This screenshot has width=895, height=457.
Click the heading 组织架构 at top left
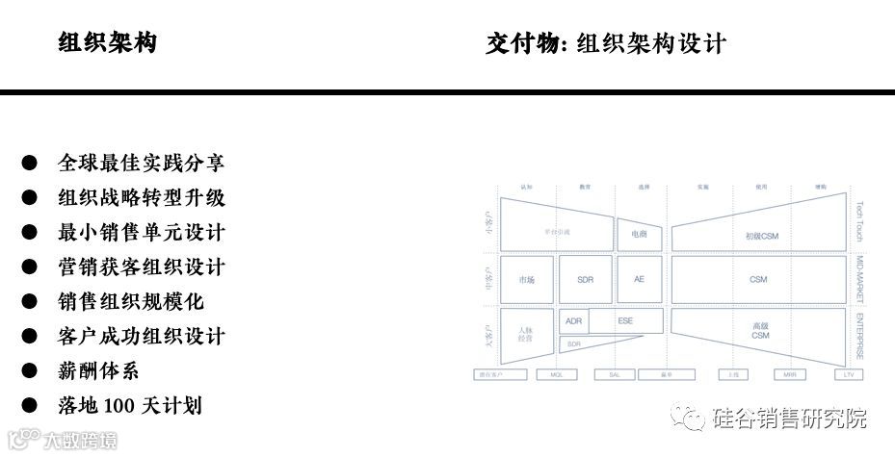pyautogui.click(x=107, y=43)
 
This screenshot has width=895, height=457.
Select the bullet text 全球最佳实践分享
pyautogui.click(x=142, y=164)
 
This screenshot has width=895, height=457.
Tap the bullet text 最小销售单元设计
pyautogui.click(x=142, y=233)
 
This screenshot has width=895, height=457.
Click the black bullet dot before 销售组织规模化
pyautogui.click(x=30, y=302)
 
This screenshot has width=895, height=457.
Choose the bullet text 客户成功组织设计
pyautogui.click(x=142, y=336)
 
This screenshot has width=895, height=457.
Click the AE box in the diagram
pyautogui.click(x=639, y=279)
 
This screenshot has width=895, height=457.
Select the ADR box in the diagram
pyautogui.click(x=574, y=321)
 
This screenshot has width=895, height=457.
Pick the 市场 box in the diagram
pyautogui.click(x=526, y=279)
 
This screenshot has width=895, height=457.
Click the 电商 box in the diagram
pyautogui.click(x=639, y=234)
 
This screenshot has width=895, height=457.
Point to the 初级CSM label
pyautogui.click(x=761, y=235)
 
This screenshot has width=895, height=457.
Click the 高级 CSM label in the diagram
pyautogui.click(x=760, y=330)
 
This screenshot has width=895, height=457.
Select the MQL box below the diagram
pyautogui.click(x=556, y=374)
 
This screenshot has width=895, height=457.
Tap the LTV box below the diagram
pyautogui.click(x=847, y=374)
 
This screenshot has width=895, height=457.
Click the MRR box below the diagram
pyautogui.click(x=789, y=374)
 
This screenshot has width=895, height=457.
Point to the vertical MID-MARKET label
pyautogui.click(x=860, y=280)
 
